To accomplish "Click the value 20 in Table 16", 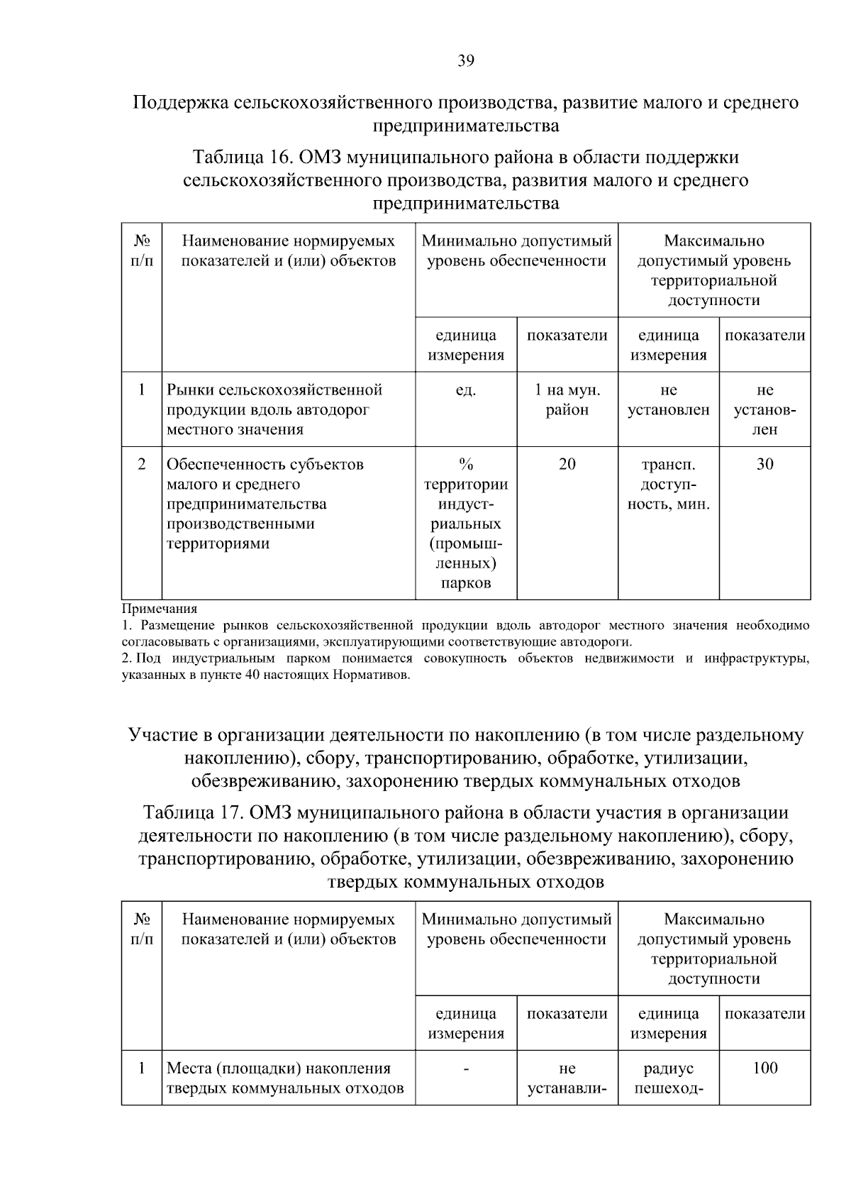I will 567,465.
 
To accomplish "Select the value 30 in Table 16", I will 764,465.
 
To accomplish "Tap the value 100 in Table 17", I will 764,1068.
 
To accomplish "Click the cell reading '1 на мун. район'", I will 567,400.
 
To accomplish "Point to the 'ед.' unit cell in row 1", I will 465,391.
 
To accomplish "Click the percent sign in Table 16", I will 465,465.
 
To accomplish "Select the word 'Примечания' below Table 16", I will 160,609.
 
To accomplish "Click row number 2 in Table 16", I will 142,465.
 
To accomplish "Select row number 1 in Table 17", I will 142,1068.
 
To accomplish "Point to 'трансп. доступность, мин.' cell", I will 668,485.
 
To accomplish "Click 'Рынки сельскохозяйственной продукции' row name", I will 275,400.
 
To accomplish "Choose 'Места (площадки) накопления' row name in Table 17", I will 279,1068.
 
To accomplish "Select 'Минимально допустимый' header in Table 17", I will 516,919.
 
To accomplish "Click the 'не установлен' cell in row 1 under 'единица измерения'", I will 668,400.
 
